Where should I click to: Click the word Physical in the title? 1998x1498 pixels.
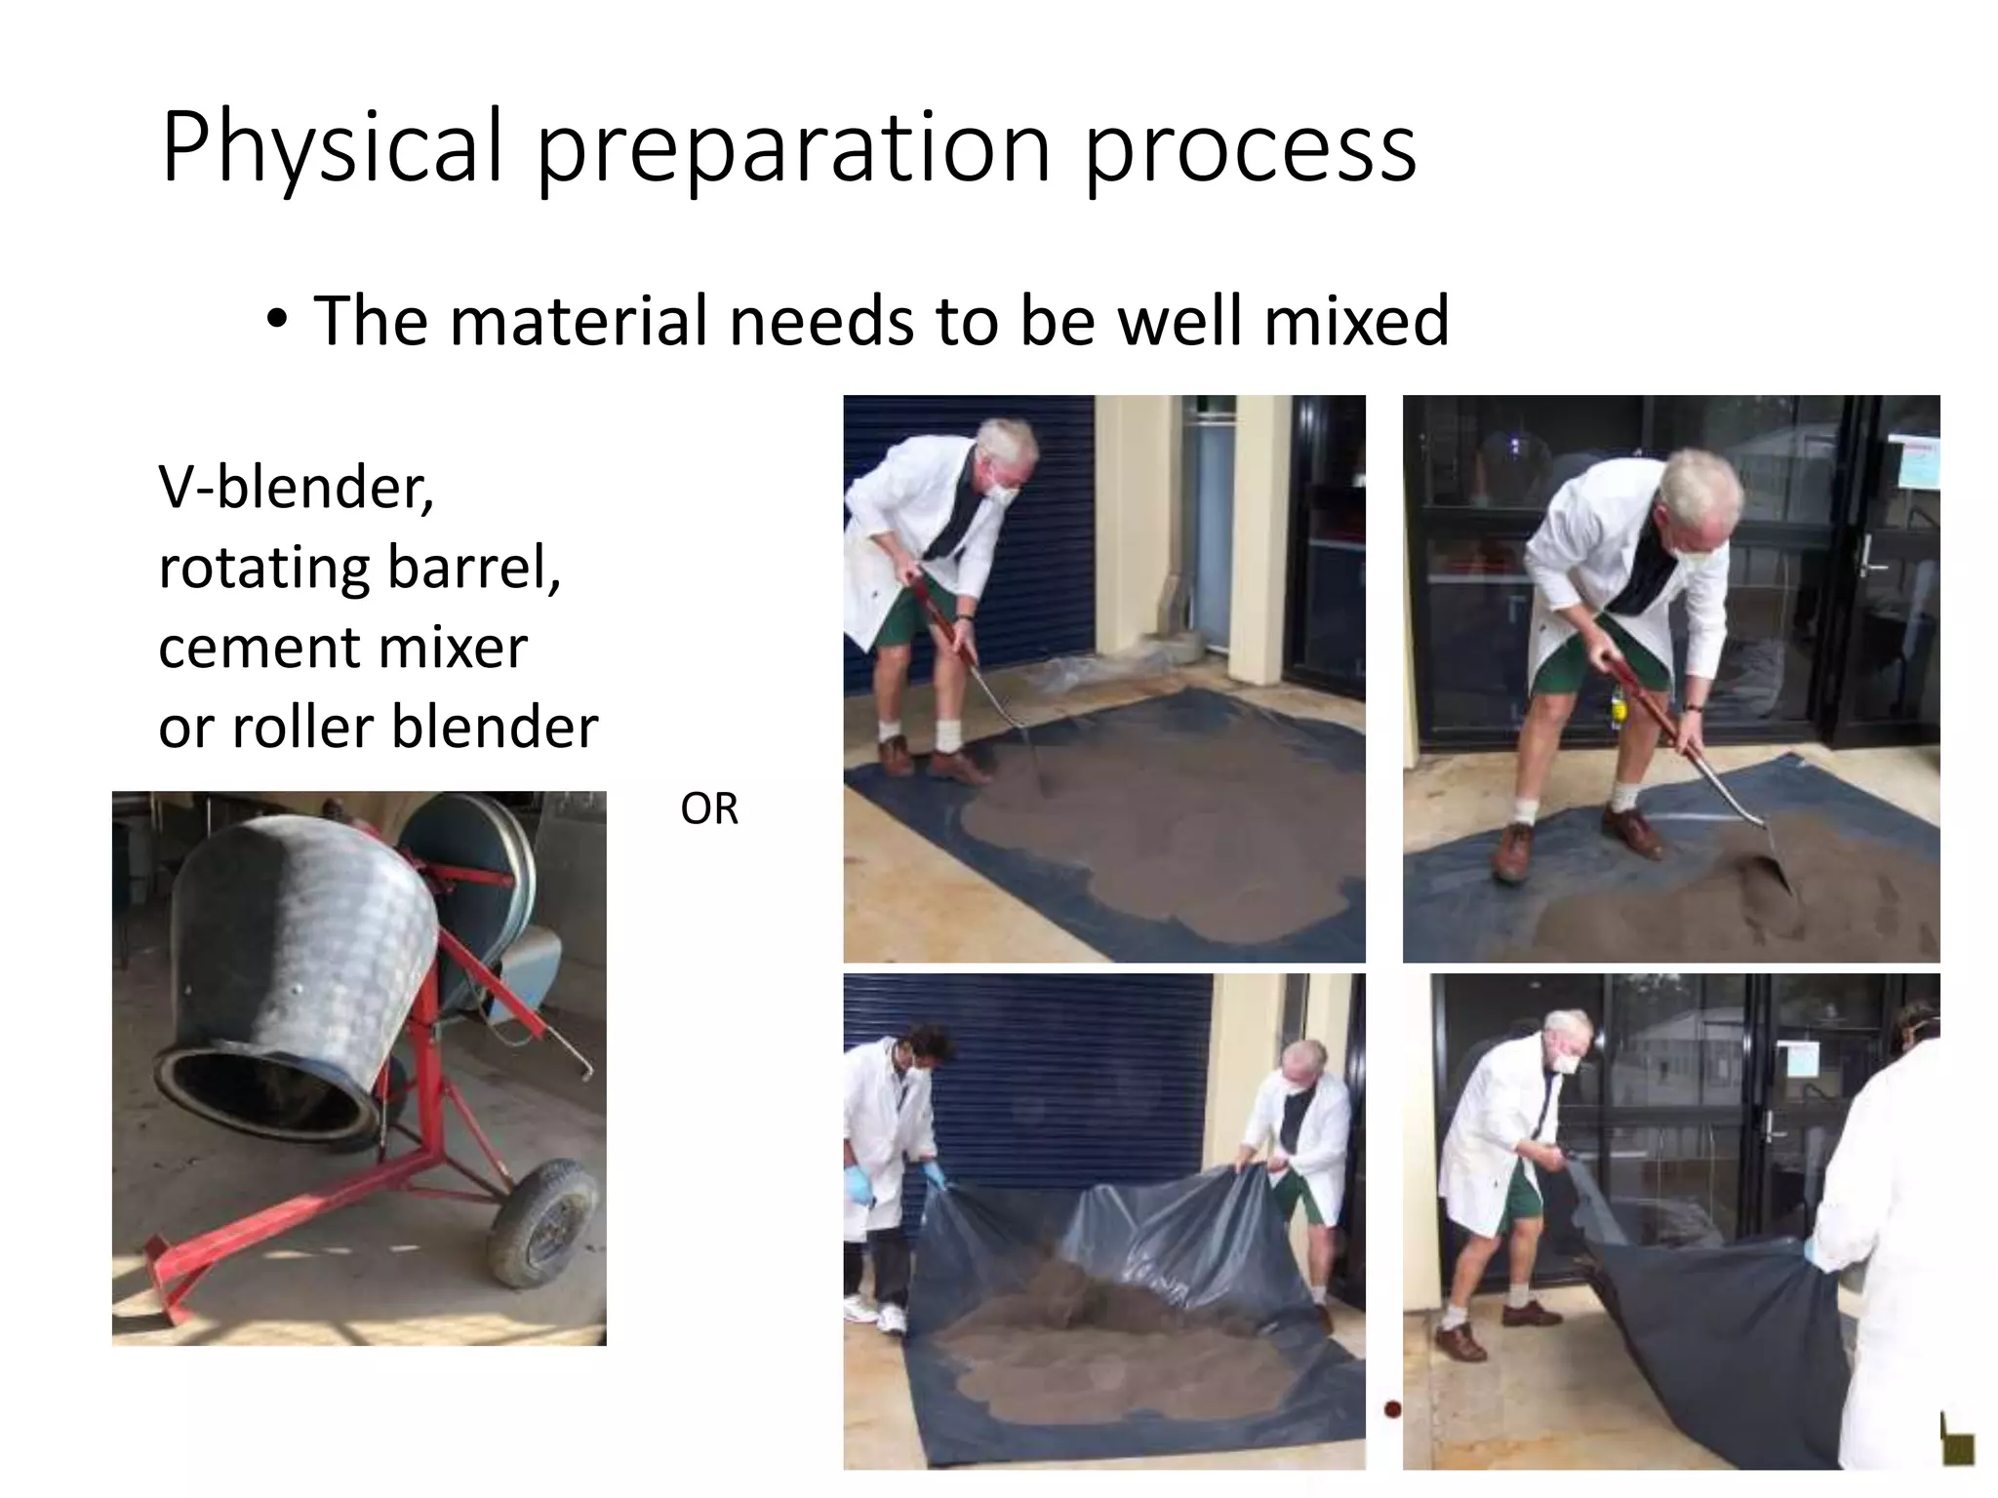coord(332,148)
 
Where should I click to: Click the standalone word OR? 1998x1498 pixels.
coord(709,809)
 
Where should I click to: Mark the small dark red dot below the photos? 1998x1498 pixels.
coord(1391,1408)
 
